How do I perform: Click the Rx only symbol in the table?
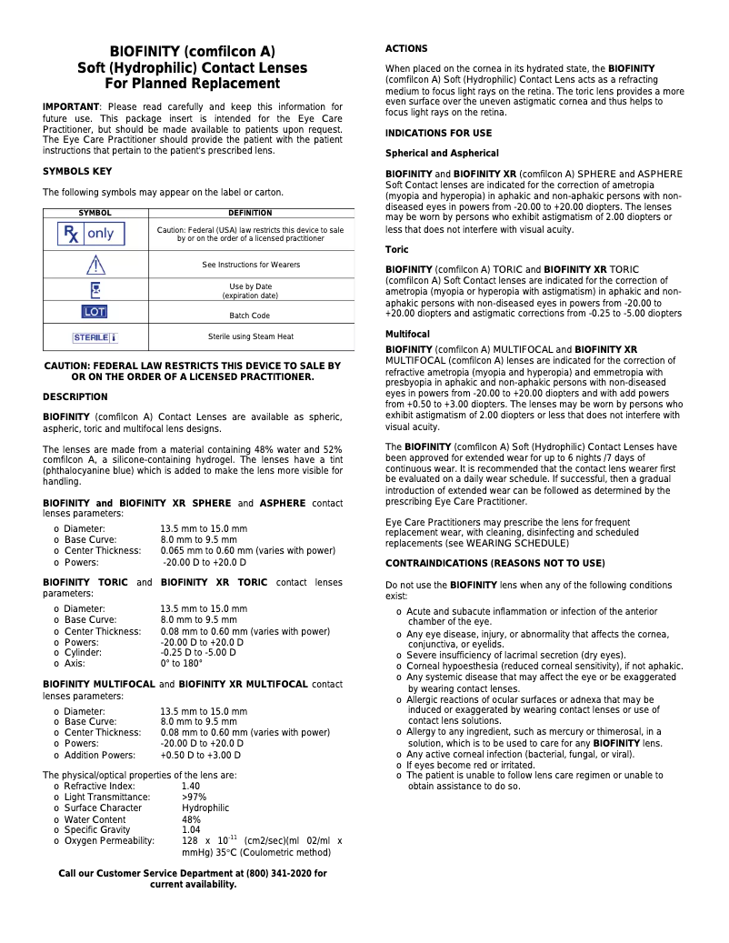(90, 234)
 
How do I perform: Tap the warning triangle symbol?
(95, 265)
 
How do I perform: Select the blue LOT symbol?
(95, 311)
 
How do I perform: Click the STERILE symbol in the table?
(95, 337)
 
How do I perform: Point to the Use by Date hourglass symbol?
(95, 289)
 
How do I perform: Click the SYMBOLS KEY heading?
(77, 171)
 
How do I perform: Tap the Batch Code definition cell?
(250, 316)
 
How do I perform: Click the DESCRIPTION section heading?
(75, 396)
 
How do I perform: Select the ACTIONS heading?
(406, 48)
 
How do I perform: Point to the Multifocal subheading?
(409, 335)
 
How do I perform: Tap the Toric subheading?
(397, 249)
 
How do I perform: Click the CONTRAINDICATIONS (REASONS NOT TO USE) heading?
(494, 564)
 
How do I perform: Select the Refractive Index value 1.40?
(191, 786)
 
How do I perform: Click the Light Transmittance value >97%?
(194, 797)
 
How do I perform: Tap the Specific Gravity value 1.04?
(191, 829)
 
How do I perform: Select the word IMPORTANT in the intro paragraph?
(71, 107)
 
